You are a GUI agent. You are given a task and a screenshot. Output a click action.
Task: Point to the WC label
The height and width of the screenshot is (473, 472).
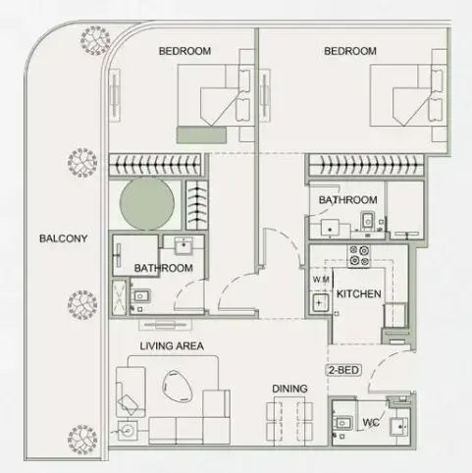370,424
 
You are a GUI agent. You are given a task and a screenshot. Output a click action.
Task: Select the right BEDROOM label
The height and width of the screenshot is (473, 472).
350,51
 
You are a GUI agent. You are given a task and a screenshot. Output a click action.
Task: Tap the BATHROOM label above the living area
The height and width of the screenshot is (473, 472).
164,268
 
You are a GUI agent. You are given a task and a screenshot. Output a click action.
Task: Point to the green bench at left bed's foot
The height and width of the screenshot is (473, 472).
201,133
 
